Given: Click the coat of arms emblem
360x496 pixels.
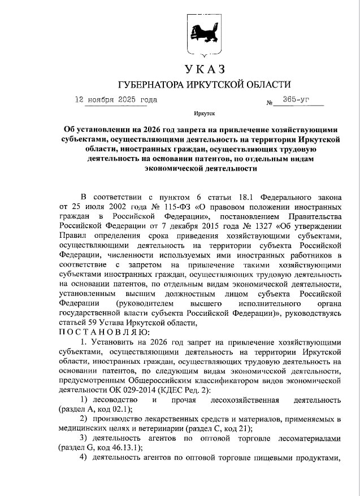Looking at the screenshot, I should click(x=204, y=34).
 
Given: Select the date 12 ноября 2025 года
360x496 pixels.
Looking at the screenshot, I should click(x=116, y=100).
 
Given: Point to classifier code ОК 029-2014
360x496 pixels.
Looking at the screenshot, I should click(x=128, y=390).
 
